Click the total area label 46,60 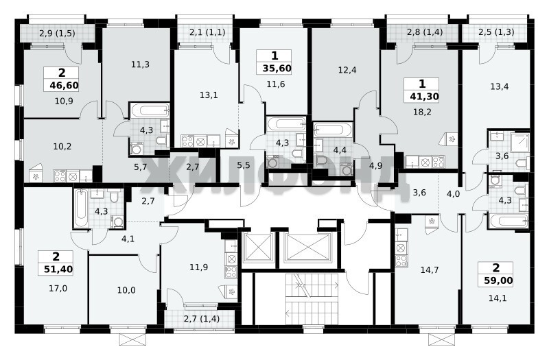64,85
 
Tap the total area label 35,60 277,68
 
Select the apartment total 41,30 424,96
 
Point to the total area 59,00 498,280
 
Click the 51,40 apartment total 58,269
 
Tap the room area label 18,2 422,112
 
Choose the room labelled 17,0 58,289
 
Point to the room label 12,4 347,70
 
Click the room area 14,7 430,269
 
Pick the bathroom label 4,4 340,150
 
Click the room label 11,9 198,267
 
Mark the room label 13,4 500,86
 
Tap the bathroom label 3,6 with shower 502,156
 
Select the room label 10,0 126,290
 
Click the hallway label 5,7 140,167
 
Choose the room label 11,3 140,64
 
